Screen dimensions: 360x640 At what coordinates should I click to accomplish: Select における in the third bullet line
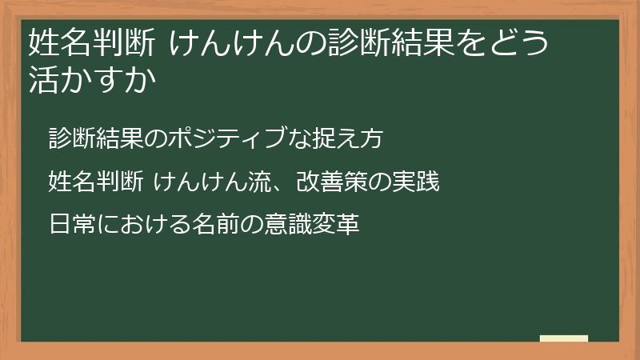click(x=144, y=225)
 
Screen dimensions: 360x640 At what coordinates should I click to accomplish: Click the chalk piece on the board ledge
click(x=564, y=338)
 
